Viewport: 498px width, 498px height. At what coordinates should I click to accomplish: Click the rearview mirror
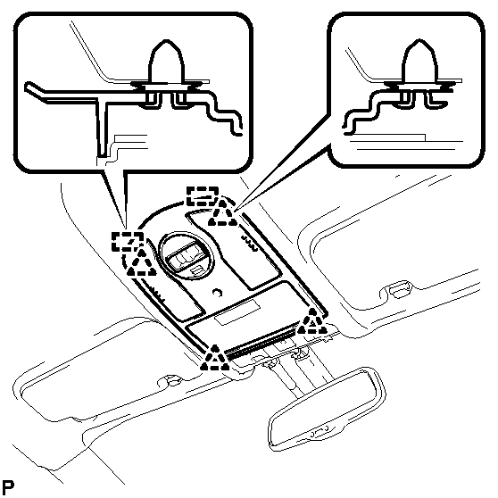(x=328, y=408)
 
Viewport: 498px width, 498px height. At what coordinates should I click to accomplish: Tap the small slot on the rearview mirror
(x=320, y=432)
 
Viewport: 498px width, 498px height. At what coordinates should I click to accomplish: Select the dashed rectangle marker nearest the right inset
(x=203, y=196)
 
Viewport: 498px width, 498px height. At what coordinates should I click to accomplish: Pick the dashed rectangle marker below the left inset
(x=128, y=241)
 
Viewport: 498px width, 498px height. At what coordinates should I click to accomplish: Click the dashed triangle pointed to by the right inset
(x=222, y=212)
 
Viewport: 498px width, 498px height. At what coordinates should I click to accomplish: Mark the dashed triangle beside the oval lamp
(x=141, y=262)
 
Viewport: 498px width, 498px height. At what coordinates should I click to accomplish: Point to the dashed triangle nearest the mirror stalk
(x=215, y=357)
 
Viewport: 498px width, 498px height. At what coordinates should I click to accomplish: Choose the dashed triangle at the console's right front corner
(x=312, y=321)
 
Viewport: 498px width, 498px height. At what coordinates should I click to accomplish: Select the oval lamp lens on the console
(x=187, y=256)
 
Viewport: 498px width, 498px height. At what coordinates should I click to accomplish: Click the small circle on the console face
(x=217, y=293)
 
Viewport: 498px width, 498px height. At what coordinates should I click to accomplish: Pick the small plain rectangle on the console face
(x=237, y=312)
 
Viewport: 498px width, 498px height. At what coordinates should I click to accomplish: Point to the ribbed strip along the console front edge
(x=262, y=340)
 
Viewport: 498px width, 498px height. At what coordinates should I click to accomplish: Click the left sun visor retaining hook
(x=171, y=380)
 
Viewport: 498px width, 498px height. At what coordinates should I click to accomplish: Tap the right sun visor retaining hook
(x=396, y=289)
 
